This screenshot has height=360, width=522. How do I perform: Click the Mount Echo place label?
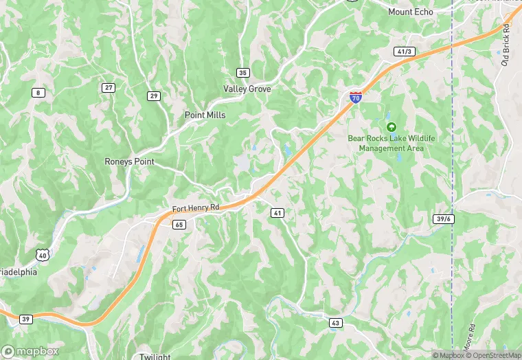point(411,12)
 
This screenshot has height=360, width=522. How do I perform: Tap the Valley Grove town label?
point(247,89)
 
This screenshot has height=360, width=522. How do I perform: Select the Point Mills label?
point(205,115)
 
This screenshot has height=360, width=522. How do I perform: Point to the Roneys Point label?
point(129,161)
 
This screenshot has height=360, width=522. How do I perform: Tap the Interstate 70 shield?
point(355,97)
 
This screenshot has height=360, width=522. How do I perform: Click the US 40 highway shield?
point(43,256)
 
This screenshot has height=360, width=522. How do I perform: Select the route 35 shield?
point(242,73)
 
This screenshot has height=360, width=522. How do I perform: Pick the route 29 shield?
point(154,96)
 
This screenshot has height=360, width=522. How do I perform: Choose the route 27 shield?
point(109,87)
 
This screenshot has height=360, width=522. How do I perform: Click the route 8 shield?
point(38,92)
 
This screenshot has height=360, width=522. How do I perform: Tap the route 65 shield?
point(179,224)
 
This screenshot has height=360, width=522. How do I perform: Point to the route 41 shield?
point(277,214)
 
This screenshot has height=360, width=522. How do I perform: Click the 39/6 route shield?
point(444,218)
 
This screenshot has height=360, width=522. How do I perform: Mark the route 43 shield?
point(335,322)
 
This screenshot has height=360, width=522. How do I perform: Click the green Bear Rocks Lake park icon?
point(391,127)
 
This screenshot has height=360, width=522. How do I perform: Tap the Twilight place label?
point(155,357)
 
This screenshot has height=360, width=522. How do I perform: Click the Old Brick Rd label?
point(507,45)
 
